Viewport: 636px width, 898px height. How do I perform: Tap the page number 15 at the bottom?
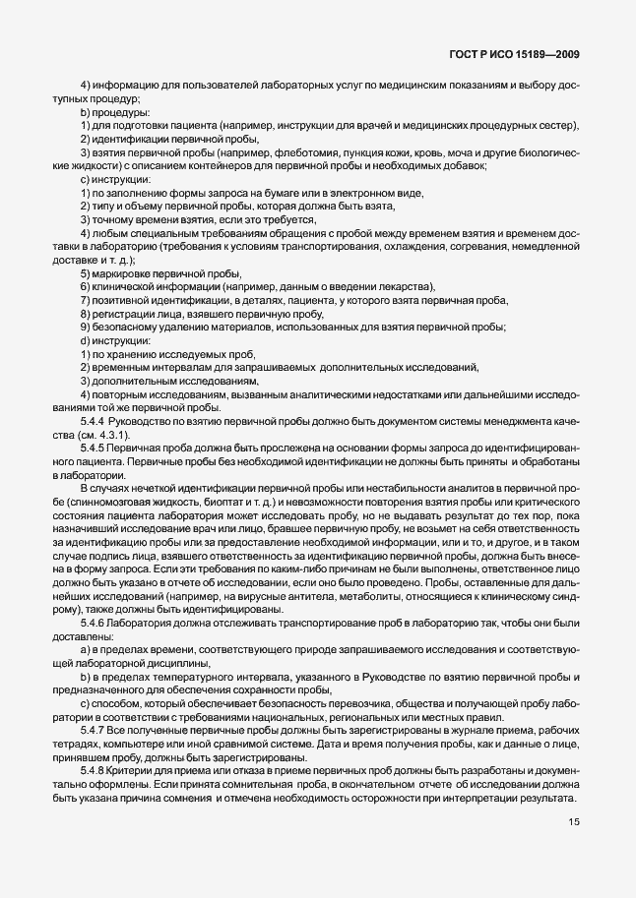[572, 852]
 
